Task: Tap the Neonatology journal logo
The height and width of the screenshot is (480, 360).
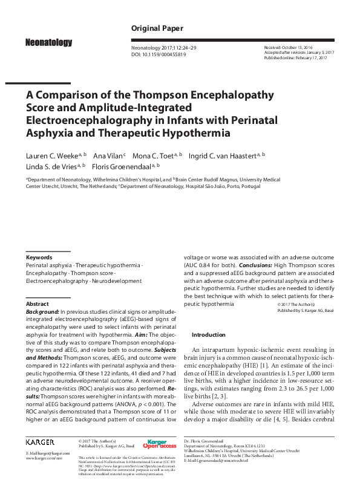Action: click(48, 42)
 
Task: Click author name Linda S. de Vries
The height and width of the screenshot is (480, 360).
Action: click(52, 166)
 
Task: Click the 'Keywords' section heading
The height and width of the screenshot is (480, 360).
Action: click(39, 257)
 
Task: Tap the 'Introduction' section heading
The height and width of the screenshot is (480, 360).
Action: click(208, 334)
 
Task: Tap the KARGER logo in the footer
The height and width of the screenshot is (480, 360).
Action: click(40, 442)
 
